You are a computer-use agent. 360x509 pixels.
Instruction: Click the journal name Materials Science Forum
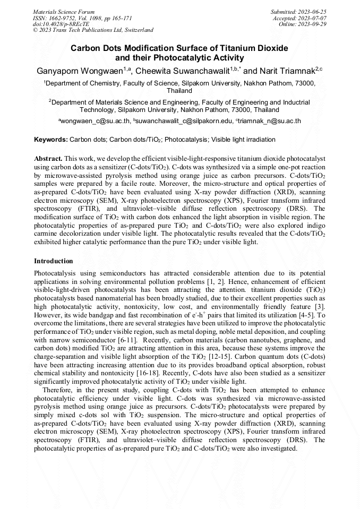(x=64, y=11)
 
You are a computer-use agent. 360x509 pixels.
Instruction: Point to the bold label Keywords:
(x=51, y=140)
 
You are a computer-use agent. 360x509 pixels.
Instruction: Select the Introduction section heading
(x=54, y=261)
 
